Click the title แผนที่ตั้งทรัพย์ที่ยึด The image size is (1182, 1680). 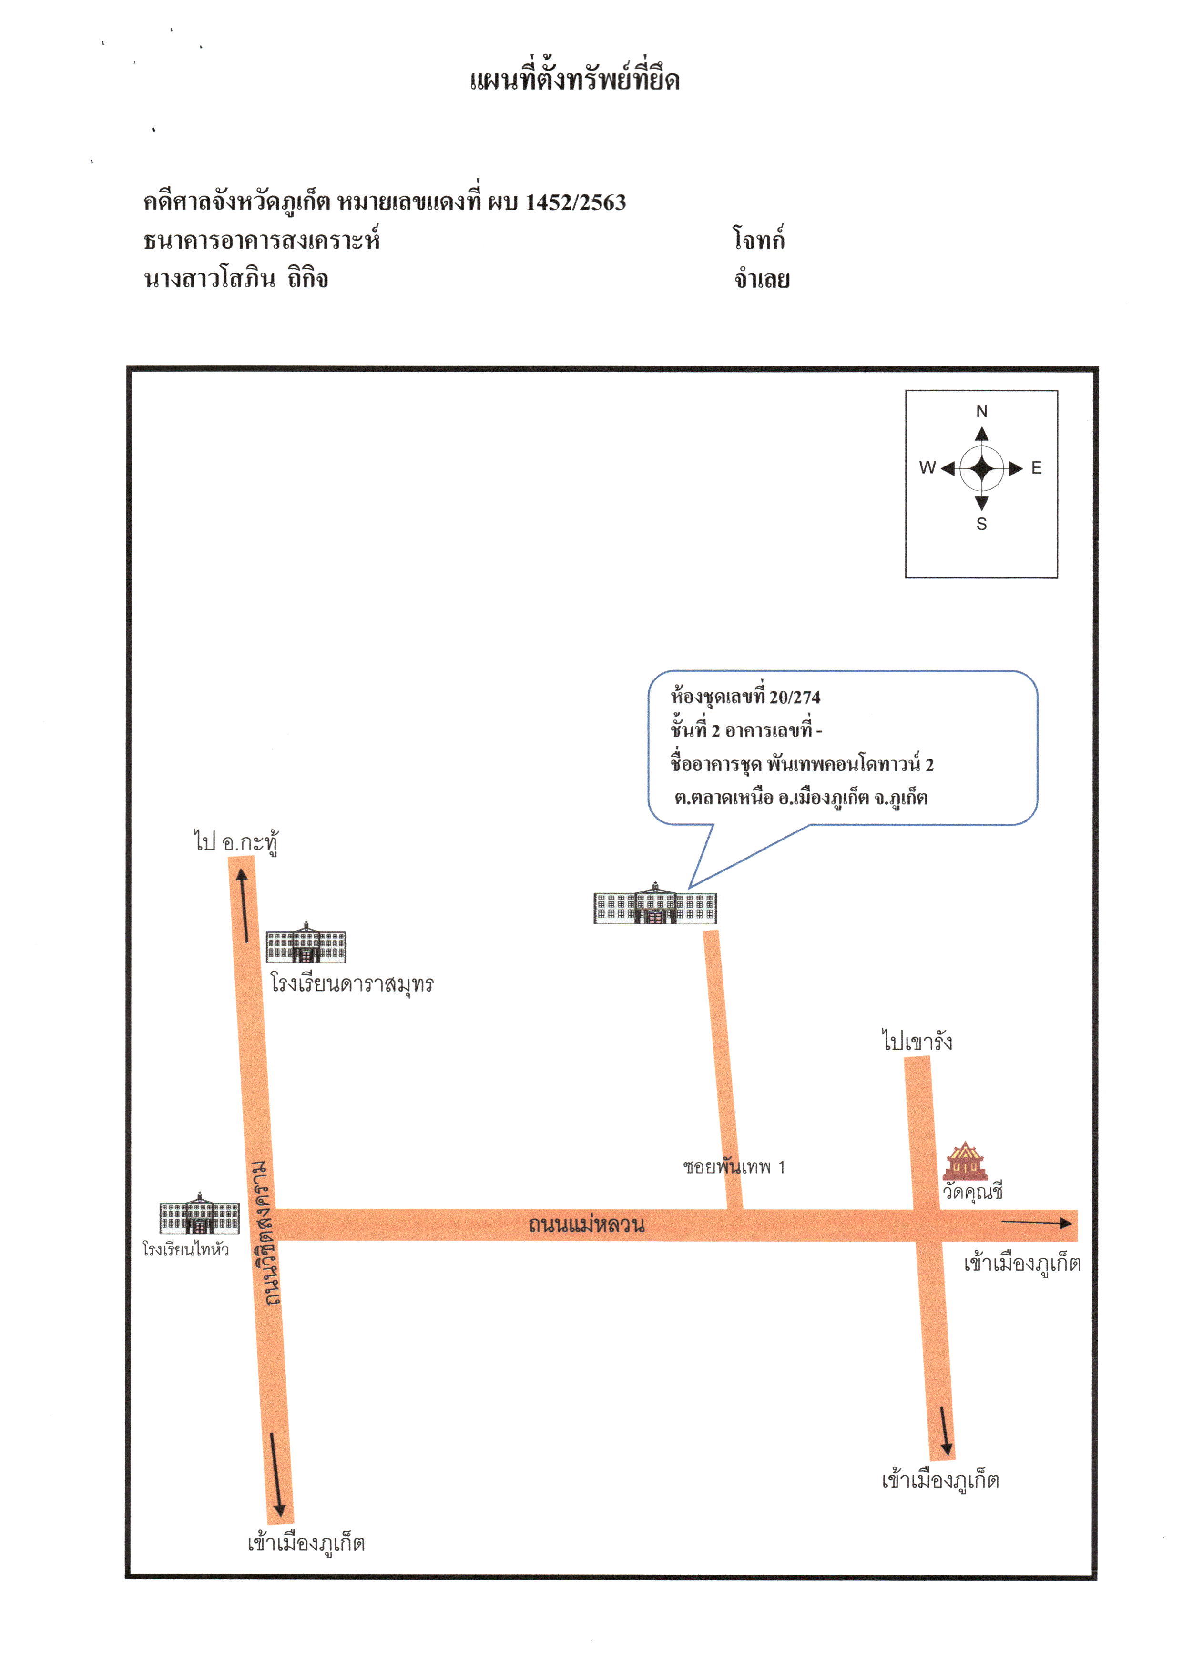click(574, 78)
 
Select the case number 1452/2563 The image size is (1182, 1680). click(575, 202)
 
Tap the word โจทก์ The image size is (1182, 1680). click(759, 239)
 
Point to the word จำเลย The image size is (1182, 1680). click(762, 279)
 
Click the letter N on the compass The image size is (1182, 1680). click(981, 411)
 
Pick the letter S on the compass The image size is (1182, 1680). click(981, 524)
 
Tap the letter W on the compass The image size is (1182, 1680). click(927, 467)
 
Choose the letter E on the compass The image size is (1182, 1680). click(1036, 467)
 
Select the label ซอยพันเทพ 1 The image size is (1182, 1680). click(734, 1166)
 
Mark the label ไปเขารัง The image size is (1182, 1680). click(917, 1040)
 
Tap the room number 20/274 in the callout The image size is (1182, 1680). click(795, 697)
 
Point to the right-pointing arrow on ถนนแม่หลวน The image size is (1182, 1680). click(1036, 1222)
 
